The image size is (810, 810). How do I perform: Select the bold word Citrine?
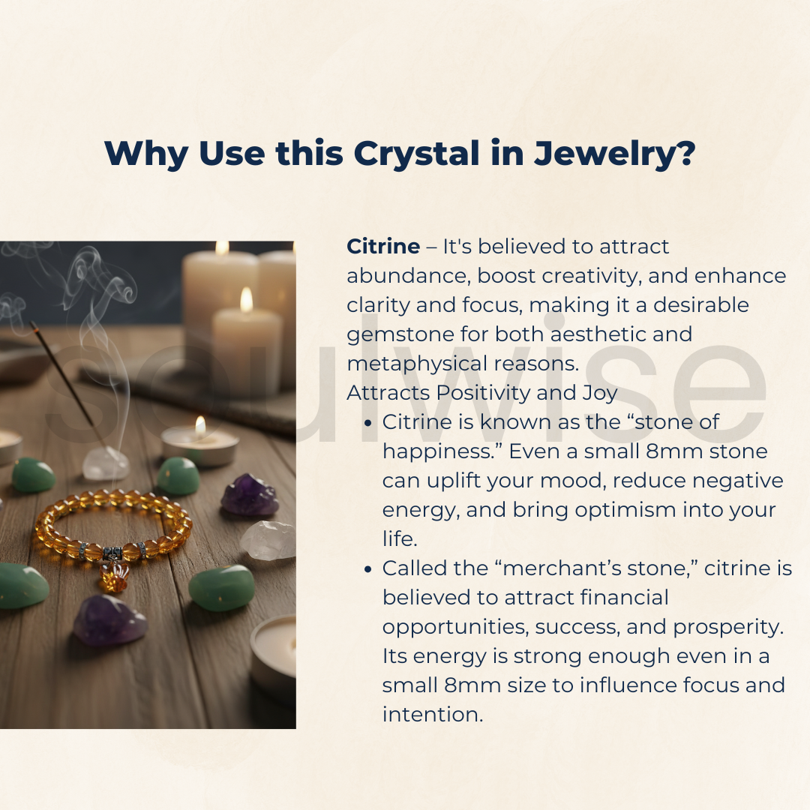click(x=383, y=246)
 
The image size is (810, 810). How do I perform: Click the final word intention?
click(x=431, y=714)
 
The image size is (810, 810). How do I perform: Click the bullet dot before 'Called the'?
click(x=367, y=569)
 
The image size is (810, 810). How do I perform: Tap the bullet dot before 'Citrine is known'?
click(x=367, y=423)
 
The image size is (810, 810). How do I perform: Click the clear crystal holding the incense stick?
click(x=106, y=463)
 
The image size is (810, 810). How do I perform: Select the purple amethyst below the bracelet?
click(x=109, y=619)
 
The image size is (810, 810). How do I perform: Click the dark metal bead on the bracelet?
click(x=112, y=554)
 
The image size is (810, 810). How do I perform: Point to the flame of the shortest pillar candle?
click(x=246, y=300)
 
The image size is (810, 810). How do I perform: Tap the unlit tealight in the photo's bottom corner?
click(x=274, y=652)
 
